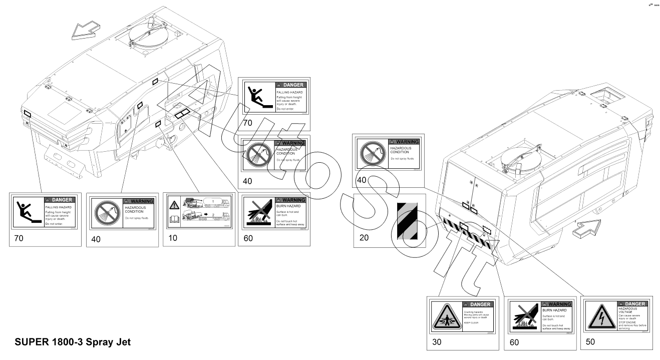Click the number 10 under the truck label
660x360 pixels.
click(173, 238)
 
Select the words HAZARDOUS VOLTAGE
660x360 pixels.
click(627, 310)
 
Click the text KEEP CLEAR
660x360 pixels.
click(471, 323)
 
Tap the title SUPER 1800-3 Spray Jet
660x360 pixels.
click(73, 342)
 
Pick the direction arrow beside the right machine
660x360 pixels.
click(584, 230)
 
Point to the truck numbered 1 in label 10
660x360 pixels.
click(207, 202)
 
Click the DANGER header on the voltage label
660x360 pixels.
click(633, 304)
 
